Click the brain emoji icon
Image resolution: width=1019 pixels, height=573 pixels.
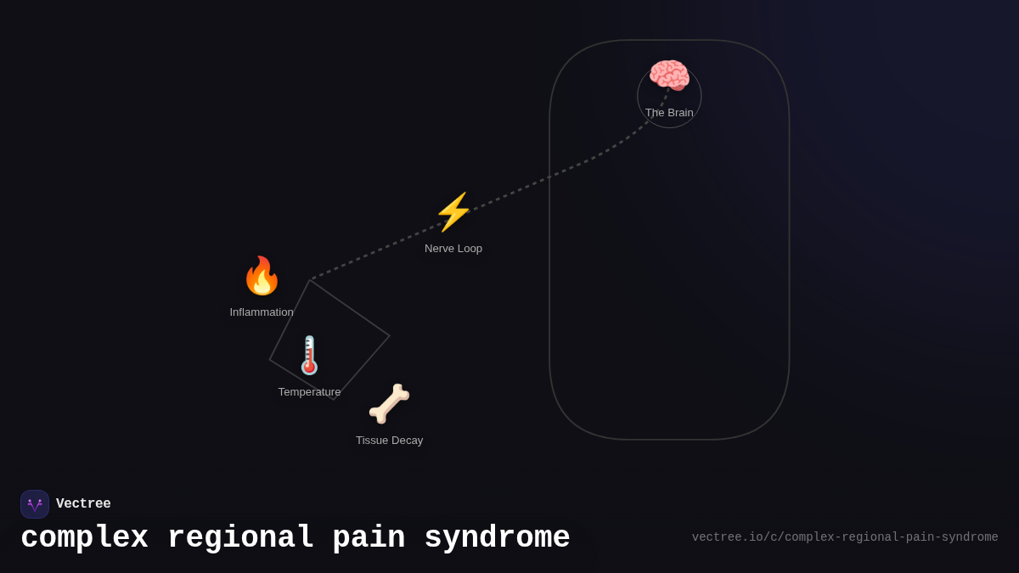point(669,76)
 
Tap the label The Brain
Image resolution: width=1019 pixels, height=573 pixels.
point(669,113)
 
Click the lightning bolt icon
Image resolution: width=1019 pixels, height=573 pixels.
point(453,212)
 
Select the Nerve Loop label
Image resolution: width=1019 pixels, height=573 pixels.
point(453,249)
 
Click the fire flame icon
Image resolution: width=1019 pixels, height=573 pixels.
point(262,276)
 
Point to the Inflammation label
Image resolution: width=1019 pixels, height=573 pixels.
point(262,312)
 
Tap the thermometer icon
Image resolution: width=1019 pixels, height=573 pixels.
point(309,356)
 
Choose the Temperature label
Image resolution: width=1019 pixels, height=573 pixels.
point(309,392)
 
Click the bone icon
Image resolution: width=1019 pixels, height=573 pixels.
point(389,404)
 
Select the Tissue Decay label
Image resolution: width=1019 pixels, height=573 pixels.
point(389,441)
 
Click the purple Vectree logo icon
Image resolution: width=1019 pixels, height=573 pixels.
point(35,504)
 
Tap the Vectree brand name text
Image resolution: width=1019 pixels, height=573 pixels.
point(83,504)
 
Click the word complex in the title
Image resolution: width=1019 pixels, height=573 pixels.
point(84,538)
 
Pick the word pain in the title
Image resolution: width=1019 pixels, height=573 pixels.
point(369,538)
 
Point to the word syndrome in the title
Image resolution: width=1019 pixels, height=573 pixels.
point(497,538)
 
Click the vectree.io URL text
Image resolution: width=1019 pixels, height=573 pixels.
point(845,537)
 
